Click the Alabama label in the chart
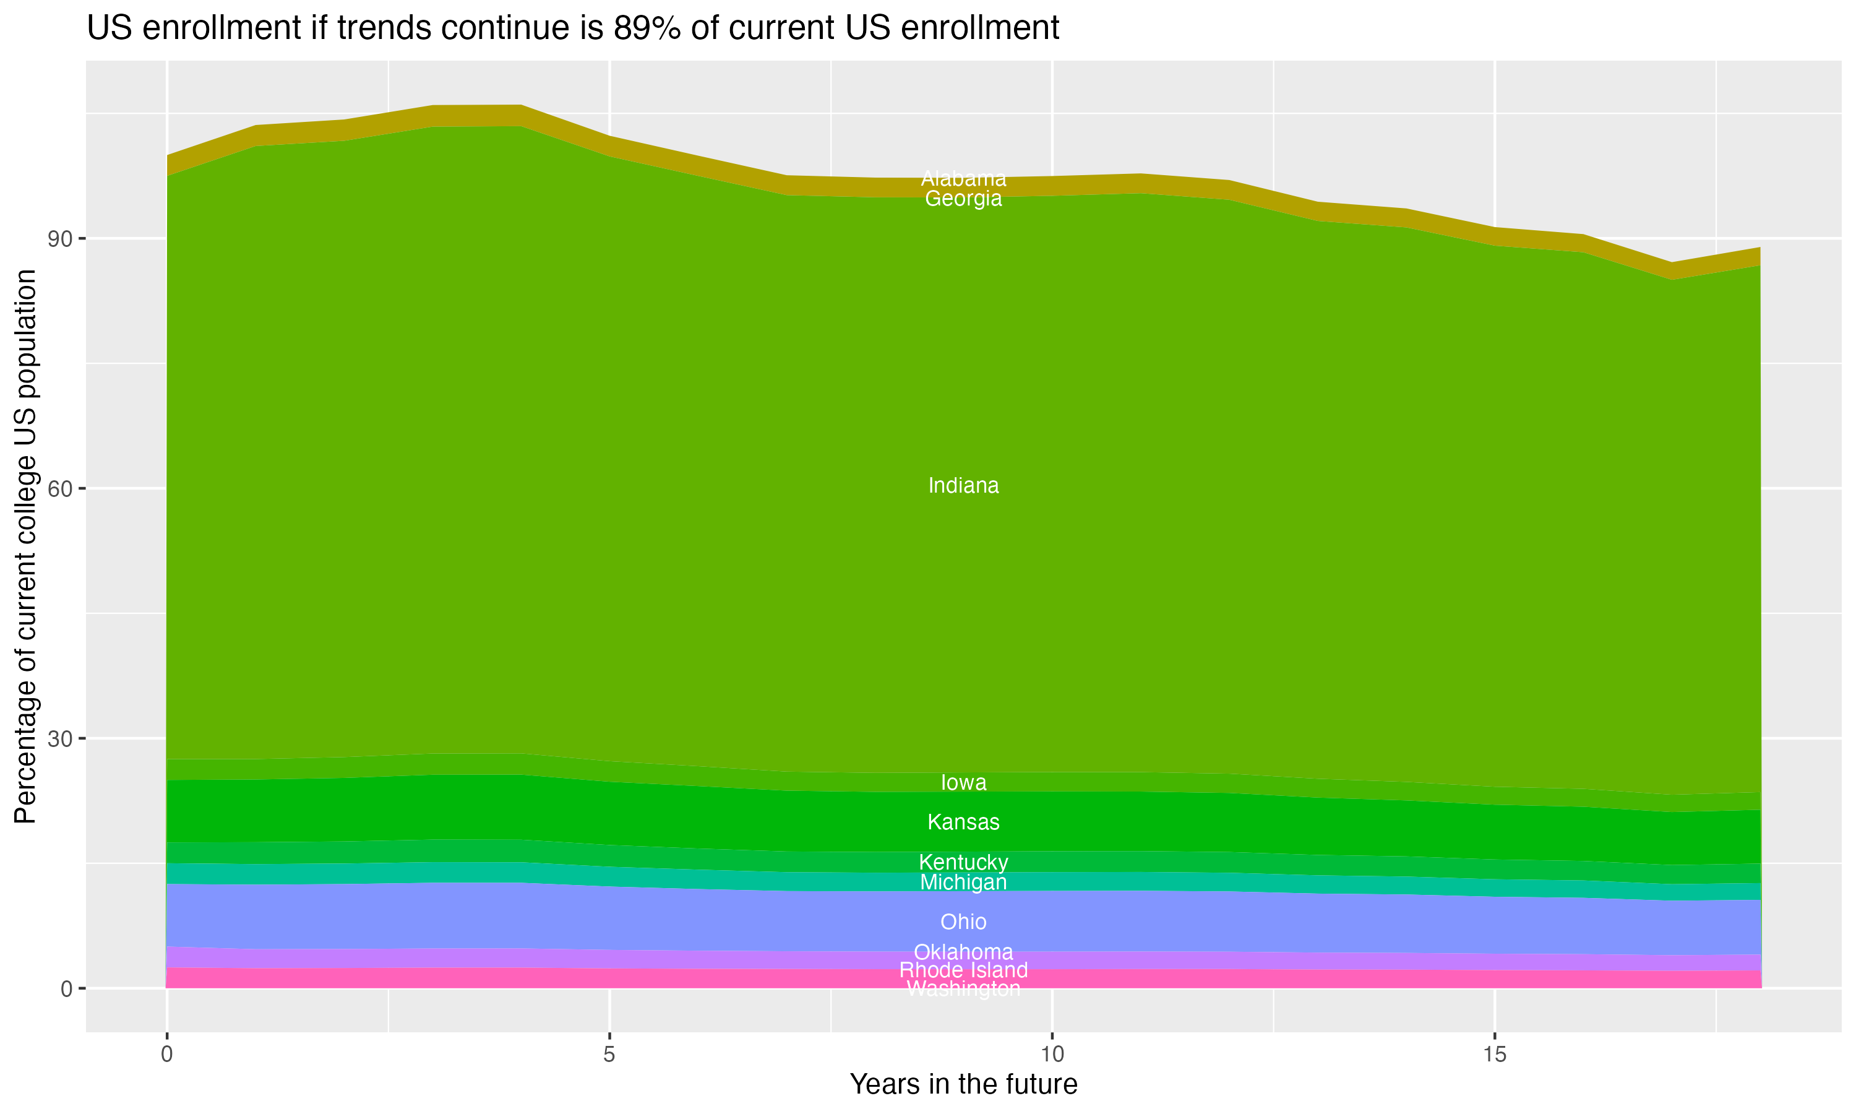963,179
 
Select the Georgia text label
963,199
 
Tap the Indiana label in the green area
963,486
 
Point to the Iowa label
963,782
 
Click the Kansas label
963,822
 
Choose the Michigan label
963,882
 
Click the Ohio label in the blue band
963,921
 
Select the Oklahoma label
963,952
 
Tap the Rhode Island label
963,970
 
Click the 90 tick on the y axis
60,240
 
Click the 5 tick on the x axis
609,1055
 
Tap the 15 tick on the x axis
1495,1055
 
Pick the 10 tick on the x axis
1052,1055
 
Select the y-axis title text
25,546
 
